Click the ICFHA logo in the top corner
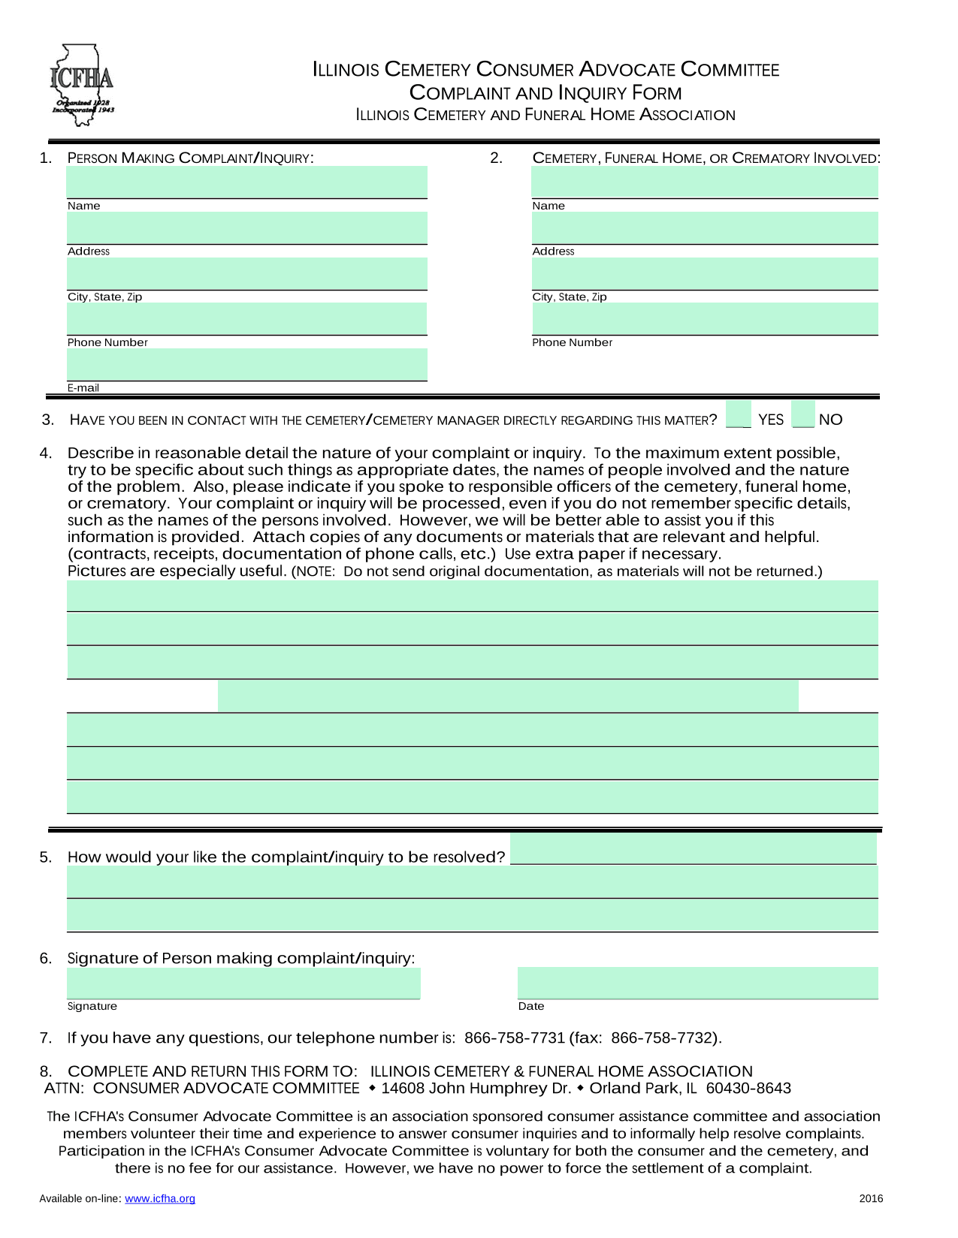[x=82, y=84]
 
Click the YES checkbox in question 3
[x=738, y=414]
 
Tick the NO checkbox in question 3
[x=804, y=414]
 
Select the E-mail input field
[x=246, y=365]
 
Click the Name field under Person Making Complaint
[x=246, y=182]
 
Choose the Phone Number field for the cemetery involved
[x=705, y=319]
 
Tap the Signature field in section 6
[x=243, y=983]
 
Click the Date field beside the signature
[x=697, y=983]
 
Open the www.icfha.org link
[x=160, y=1199]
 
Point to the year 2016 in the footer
[x=871, y=1199]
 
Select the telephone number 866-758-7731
[x=515, y=1038]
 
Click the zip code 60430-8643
[x=748, y=1089]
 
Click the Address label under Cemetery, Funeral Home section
[x=553, y=252]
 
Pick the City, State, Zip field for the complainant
[x=246, y=274]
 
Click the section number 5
[x=46, y=857]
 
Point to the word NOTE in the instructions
[x=313, y=572]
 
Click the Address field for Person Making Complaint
[x=246, y=228]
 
